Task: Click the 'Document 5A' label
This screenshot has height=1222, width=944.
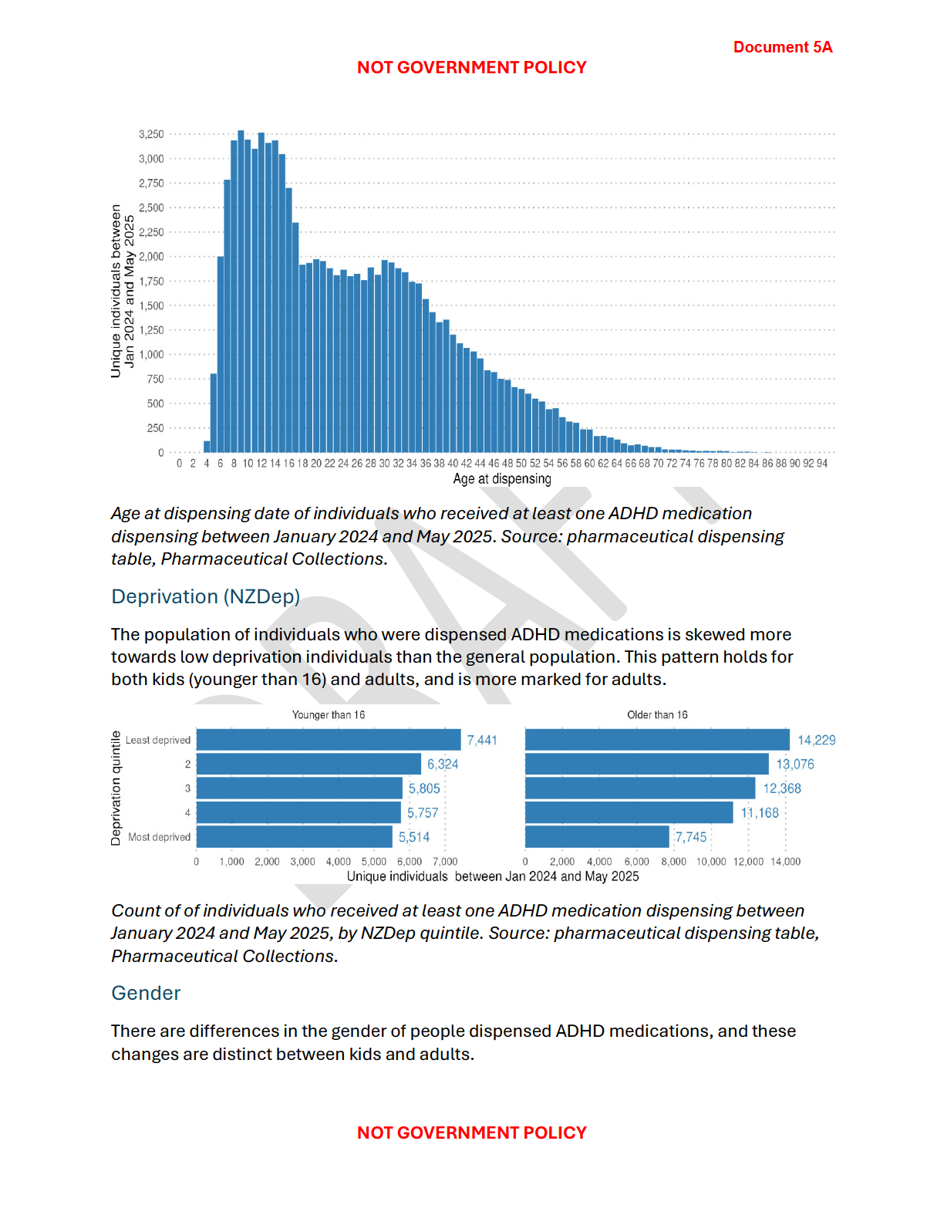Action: pos(782,47)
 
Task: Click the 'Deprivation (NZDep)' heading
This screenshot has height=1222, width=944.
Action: pos(205,596)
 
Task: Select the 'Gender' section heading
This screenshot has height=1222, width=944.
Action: pos(146,993)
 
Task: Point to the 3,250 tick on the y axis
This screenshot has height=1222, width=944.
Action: pos(151,134)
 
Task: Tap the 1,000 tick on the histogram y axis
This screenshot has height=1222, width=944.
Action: pos(151,355)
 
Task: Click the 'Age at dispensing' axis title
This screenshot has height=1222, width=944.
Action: pos(501,479)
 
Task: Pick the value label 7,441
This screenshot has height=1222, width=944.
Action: pos(482,741)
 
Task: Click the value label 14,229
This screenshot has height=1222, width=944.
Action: pos(816,741)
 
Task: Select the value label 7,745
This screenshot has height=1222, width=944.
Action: pos(691,837)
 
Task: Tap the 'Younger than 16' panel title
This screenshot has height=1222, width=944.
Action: pos(329,715)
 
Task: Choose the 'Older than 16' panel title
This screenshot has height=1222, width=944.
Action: pos(657,715)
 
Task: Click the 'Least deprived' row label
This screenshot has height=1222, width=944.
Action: pos(158,741)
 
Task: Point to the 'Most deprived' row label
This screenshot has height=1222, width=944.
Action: pos(159,837)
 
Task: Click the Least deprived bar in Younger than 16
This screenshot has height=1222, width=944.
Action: pos(329,740)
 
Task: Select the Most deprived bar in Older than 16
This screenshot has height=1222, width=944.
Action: pos(597,837)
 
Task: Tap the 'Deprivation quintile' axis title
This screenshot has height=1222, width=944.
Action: pos(116,788)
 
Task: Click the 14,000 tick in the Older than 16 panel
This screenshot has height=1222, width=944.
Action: pos(785,862)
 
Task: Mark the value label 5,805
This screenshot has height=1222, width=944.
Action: pos(424,788)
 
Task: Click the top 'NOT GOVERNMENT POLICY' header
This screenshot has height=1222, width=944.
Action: pos(471,68)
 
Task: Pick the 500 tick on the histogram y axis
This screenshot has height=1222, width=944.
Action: pos(155,403)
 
